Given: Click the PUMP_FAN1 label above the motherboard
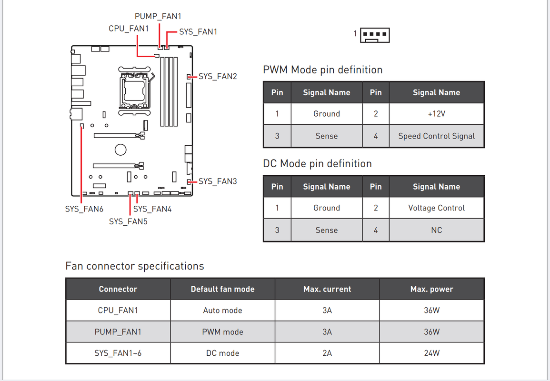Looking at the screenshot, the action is pos(158,16).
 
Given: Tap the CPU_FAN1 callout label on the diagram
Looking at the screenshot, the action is pos(129,29).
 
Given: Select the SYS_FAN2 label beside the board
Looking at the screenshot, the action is pos(218,77).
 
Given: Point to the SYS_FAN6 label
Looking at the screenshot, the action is pos(84,209).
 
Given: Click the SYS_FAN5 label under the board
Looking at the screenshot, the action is pos(129,222).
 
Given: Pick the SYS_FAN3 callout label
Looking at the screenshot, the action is pos(218,181).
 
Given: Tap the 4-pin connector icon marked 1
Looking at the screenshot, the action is pos(375,35).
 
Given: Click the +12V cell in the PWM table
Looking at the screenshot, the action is pos(437,114).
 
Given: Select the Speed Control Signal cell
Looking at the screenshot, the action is pos(437,136).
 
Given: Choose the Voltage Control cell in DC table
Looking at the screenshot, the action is pos(437,208).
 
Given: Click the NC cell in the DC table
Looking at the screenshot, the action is pos(437,230).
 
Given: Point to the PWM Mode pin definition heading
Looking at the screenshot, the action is pos(323,70).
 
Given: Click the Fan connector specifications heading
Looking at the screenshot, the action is pos(135,266).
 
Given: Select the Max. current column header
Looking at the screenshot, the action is pos(327,289).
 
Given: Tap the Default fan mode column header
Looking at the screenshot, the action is pos(223,289).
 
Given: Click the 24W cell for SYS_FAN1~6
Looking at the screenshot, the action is pos(432,353).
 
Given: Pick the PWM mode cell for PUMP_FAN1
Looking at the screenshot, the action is pos(223,332).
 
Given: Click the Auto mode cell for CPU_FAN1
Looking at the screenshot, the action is pos(223,311).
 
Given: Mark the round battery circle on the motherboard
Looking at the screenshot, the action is pos(120,150).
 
